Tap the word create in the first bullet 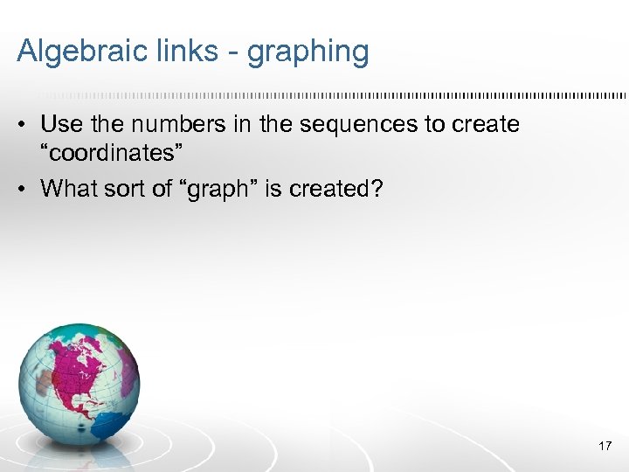tap(486, 124)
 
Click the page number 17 tap(604, 446)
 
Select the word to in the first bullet tap(434, 124)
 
